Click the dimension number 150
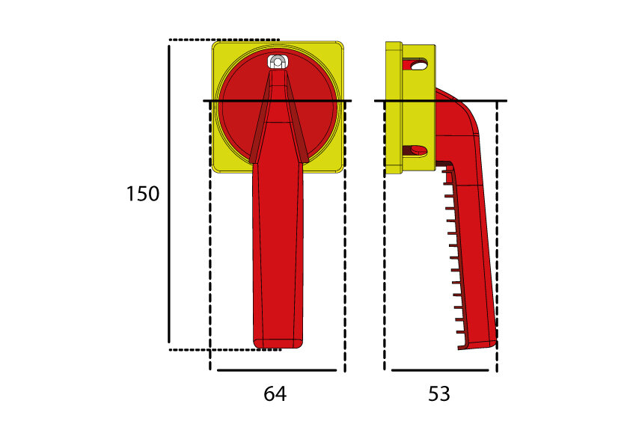[142, 194]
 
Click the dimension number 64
[275, 393]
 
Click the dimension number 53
[439, 393]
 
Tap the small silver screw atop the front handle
[277, 63]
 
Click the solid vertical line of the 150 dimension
[169, 194]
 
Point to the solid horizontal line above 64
[277, 369]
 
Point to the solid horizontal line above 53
[439, 369]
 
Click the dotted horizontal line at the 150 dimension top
[224, 39]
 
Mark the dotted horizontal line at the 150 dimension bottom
[224, 349]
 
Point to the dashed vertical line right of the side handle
[497, 239]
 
